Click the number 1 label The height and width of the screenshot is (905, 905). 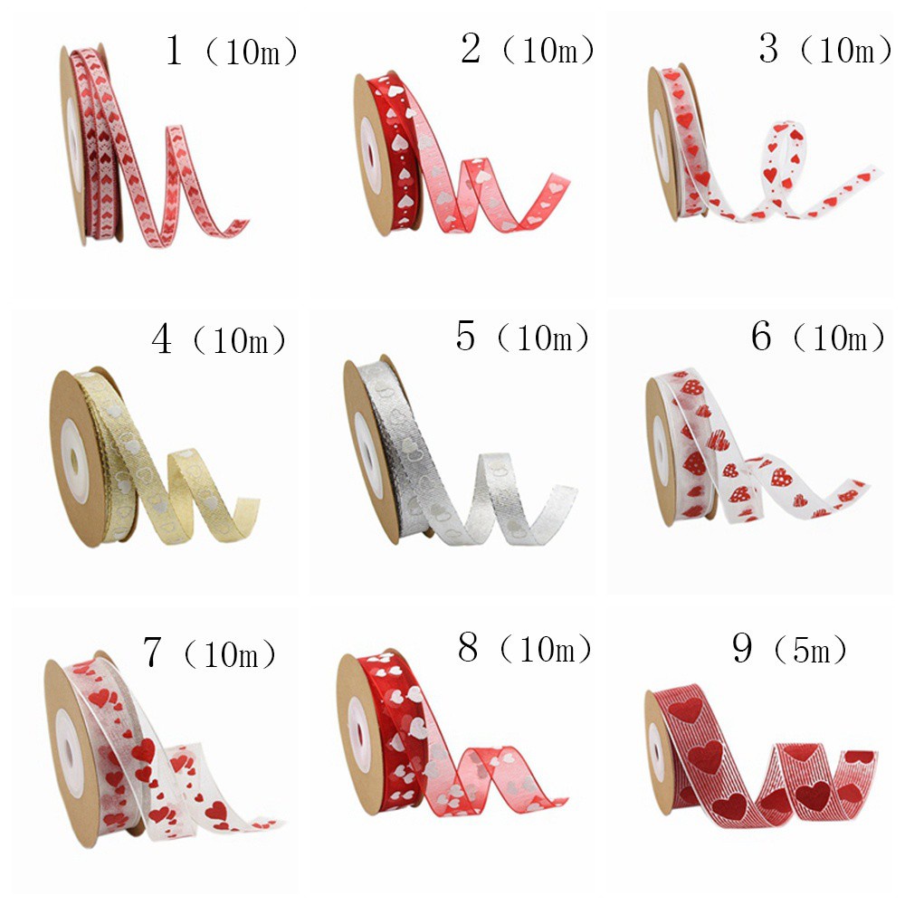(x=174, y=50)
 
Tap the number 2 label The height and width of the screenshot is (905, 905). (x=471, y=49)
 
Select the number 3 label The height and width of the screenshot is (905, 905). (x=768, y=49)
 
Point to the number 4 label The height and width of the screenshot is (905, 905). (x=162, y=338)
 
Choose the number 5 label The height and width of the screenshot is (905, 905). (x=465, y=336)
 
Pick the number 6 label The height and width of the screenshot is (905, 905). (x=761, y=336)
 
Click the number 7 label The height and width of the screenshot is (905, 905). (x=151, y=652)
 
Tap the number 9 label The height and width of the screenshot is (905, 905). (x=742, y=648)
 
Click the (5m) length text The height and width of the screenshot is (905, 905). (x=810, y=651)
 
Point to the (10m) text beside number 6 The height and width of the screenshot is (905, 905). (x=839, y=338)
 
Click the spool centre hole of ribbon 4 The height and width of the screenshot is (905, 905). (x=74, y=460)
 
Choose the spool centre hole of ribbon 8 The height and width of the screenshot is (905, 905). (x=361, y=734)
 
